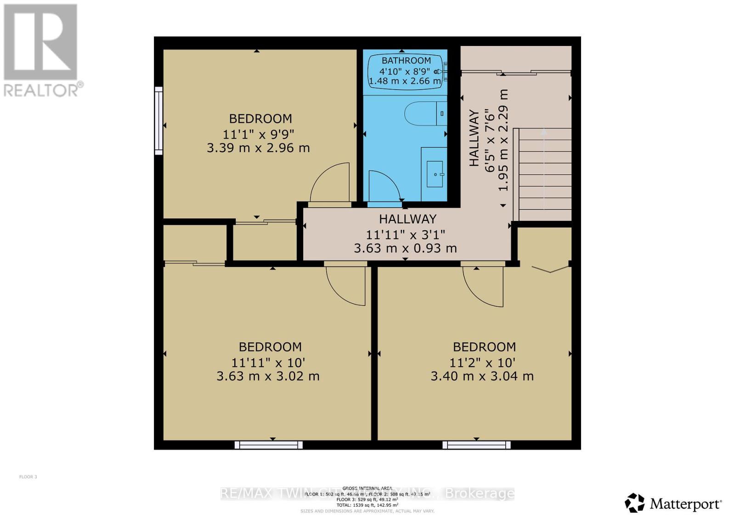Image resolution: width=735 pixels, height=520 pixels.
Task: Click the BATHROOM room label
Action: [406, 60]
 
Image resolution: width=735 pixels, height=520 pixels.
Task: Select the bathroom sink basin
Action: [435, 174]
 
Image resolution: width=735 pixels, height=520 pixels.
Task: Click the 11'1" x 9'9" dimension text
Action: [258, 134]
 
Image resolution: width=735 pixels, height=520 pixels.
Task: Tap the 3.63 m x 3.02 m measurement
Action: [268, 376]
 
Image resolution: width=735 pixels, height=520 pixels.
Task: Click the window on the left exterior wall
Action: [158, 120]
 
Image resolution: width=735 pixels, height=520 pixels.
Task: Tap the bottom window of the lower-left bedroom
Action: [268, 445]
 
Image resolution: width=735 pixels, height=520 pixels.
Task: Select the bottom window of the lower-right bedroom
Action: [476, 445]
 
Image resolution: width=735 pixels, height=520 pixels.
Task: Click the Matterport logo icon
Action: [635, 503]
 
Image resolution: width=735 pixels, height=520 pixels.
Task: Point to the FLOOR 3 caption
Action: [28, 477]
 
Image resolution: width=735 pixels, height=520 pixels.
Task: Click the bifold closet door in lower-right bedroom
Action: [550, 269]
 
